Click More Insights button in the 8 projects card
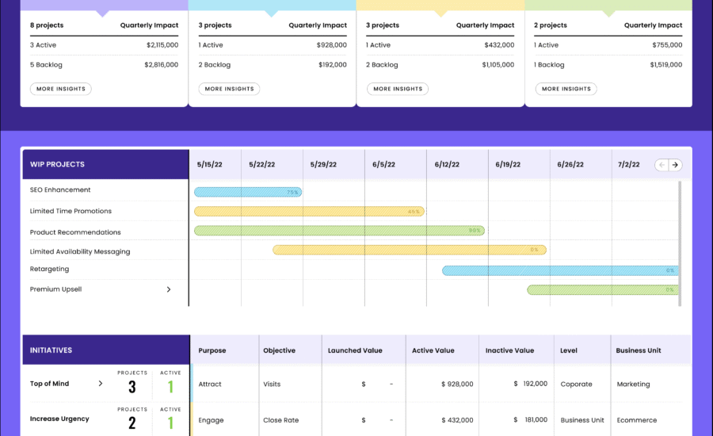[61, 89]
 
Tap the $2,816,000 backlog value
[162, 65]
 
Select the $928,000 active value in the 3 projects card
[331, 45]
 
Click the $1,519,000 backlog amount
[666, 65]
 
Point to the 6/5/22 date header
[385, 165]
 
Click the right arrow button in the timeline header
[675, 165]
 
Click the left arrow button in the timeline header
[662, 165]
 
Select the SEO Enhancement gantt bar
[247, 192]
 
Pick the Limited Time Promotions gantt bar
[308, 212]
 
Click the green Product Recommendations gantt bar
[338, 231]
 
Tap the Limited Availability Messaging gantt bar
[409, 250]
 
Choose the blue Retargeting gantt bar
[559, 270]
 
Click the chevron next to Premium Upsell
[169, 289]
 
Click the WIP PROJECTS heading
[57, 165]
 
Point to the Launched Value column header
[355, 350]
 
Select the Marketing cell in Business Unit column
[633, 384]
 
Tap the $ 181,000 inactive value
[530, 419]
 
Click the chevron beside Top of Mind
[100, 384]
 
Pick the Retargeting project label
[49, 270]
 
